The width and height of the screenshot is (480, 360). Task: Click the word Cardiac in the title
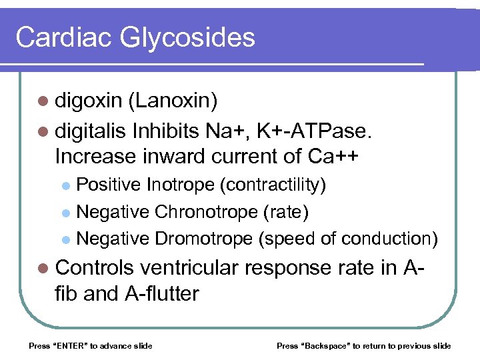pos(64,37)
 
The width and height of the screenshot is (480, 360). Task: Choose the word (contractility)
pos(273,185)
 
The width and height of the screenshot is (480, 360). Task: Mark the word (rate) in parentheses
pos(286,211)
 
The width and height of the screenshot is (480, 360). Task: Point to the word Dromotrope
pos(203,238)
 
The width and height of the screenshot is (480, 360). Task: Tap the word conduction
pos(389,238)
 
